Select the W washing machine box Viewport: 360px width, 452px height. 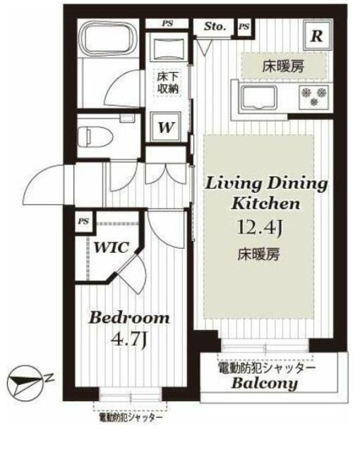(x=167, y=128)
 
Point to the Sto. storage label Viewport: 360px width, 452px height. (x=215, y=28)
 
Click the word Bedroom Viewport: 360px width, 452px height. (x=129, y=318)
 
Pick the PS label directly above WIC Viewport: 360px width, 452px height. (x=83, y=221)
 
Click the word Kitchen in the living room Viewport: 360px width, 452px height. (x=265, y=203)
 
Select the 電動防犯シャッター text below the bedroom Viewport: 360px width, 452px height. (x=131, y=417)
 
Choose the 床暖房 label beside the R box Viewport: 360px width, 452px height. (x=284, y=67)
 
